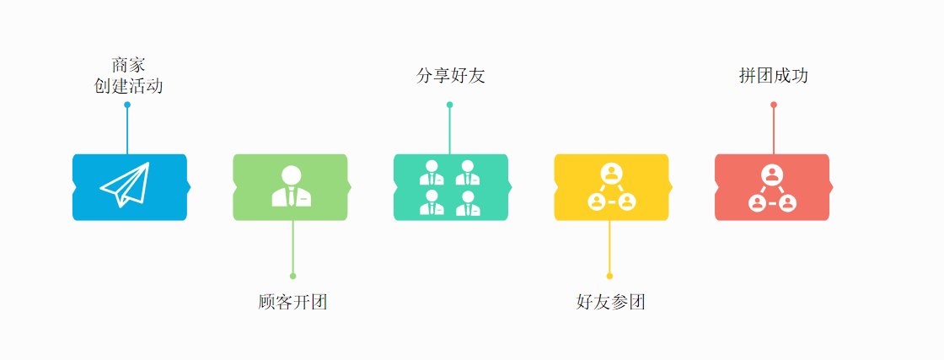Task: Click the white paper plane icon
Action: tap(125, 185)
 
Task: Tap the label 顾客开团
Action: tap(292, 302)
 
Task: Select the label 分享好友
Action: tap(451, 76)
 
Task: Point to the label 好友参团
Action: tap(611, 302)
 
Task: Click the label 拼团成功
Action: tap(774, 76)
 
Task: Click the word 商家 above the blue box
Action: tap(128, 65)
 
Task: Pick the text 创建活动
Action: tap(128, 86)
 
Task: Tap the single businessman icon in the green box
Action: tap(292, 186)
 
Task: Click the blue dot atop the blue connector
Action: tap(127, 105)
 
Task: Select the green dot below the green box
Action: tap(292, 276)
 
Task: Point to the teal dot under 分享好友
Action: tap(449, 105)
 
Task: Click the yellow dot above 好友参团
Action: tap(609, 276)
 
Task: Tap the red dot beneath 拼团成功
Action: tap(774, 105)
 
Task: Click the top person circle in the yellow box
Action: tap(611, 174)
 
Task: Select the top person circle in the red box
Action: tap(772, 174)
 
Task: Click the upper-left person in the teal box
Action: tap(432, 173)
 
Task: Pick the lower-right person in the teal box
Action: tap(468, 203)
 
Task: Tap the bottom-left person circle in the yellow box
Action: tap(597, 202)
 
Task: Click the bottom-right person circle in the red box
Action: tap(787, 202)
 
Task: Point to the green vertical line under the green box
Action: tap(292, 248)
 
